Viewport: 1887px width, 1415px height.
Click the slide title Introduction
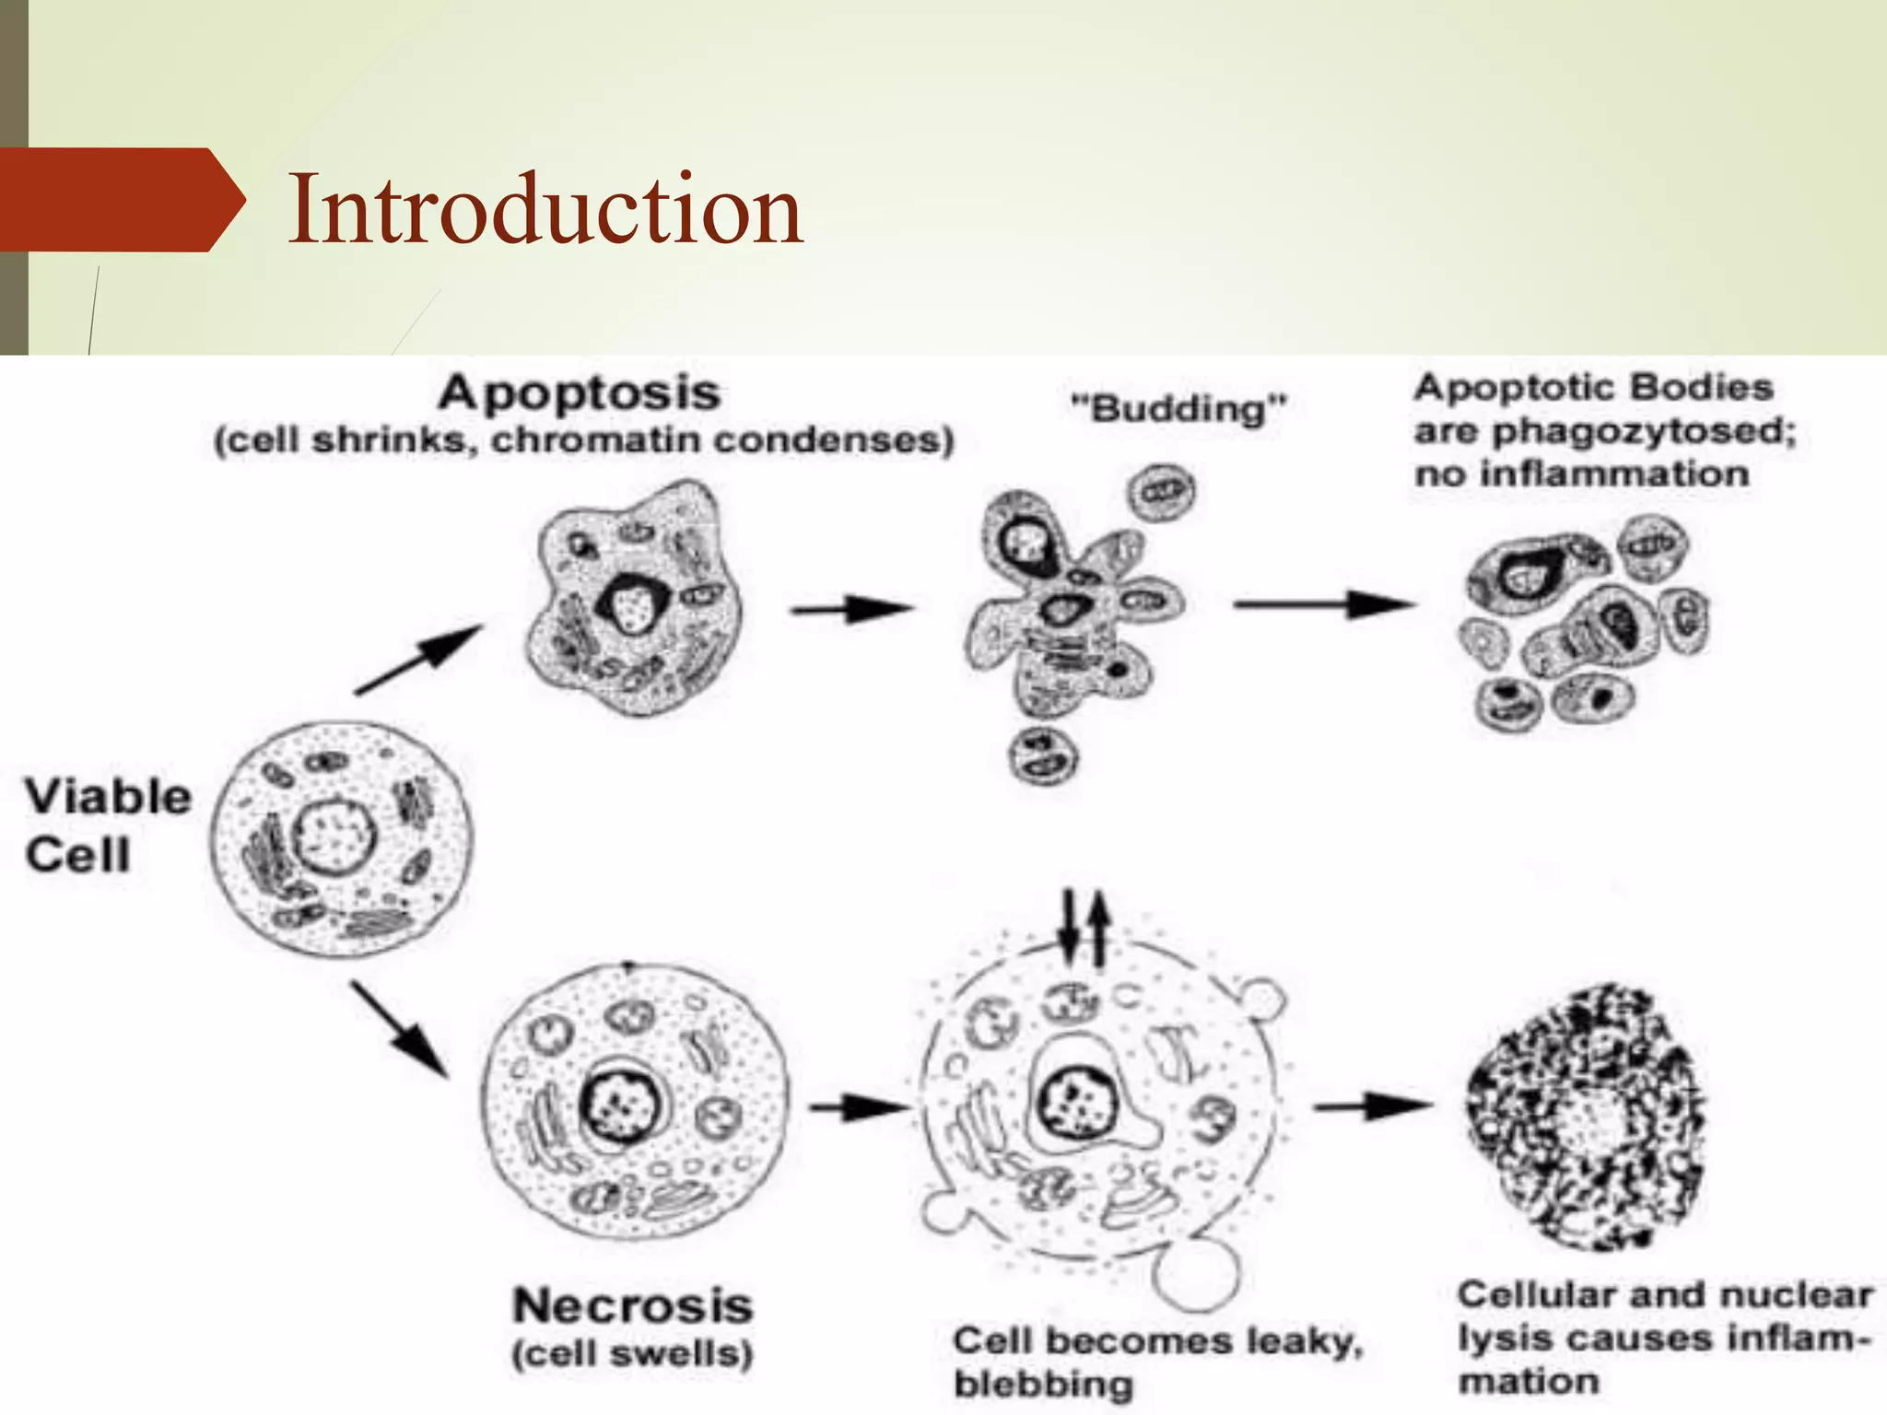545,210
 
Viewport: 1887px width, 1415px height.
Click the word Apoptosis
579,394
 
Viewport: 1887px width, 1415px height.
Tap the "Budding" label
1178,408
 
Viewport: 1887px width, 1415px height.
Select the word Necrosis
633,1306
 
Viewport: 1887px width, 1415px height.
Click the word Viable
108,797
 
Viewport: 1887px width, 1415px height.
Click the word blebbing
1043,1384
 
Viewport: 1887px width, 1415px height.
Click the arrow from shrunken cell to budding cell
851,609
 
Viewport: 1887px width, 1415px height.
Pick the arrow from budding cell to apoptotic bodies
1323,605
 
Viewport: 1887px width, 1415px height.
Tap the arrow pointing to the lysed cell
1373,1106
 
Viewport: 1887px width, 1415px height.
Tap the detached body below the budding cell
1042,754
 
